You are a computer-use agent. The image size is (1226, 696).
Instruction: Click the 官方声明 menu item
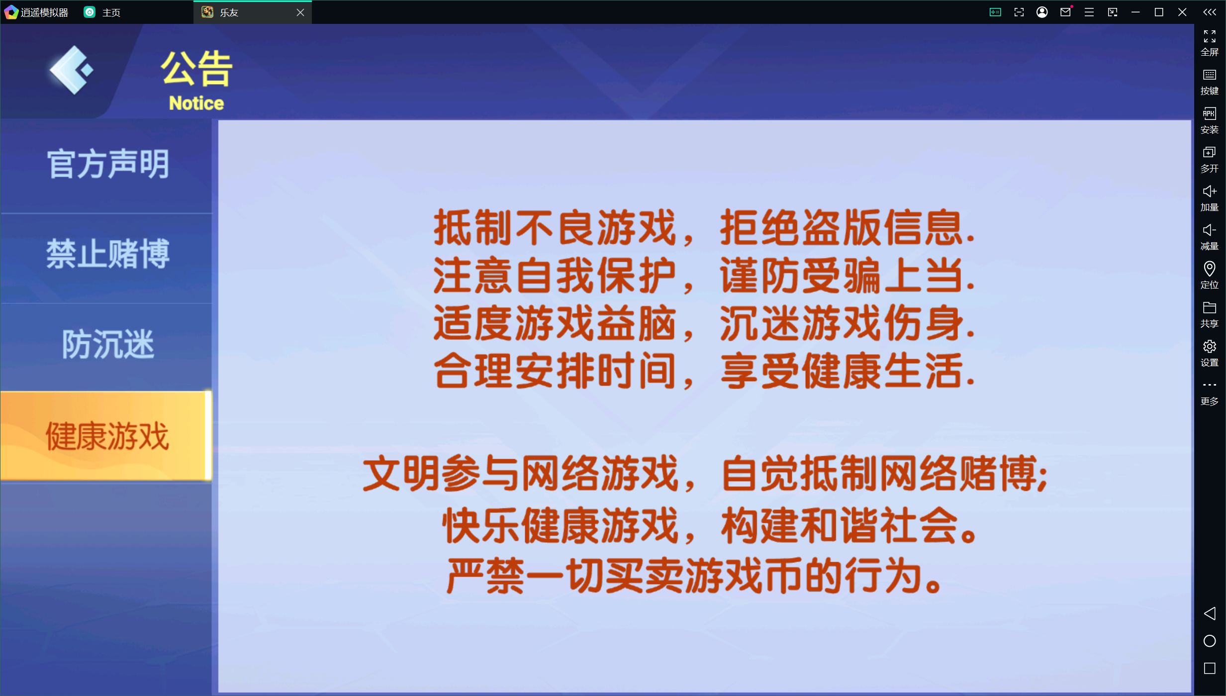coord(108,164)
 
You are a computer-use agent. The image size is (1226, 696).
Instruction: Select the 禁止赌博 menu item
coord(108,254)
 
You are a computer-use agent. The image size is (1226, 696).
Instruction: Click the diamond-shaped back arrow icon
coord(71,70)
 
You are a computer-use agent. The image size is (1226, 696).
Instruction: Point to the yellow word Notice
coord(196,103)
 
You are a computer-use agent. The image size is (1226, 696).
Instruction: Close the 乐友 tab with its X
coord(300,12)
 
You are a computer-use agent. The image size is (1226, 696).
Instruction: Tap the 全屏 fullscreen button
coord(1209,42)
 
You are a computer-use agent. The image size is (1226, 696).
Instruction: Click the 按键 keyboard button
coord(1209,81)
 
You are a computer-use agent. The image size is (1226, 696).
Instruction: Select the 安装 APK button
coord(1209,120)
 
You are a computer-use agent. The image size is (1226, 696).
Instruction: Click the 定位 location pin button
coord(1209,275)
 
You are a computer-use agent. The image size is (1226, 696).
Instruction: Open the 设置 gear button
coord(1209,352)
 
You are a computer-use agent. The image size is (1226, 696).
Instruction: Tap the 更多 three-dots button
coord(1209,391)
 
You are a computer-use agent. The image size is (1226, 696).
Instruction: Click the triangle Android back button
coord(1209,613)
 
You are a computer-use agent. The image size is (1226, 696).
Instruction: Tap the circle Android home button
coord(1209,641)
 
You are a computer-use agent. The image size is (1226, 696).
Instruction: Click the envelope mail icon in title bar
coord(1065,12)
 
